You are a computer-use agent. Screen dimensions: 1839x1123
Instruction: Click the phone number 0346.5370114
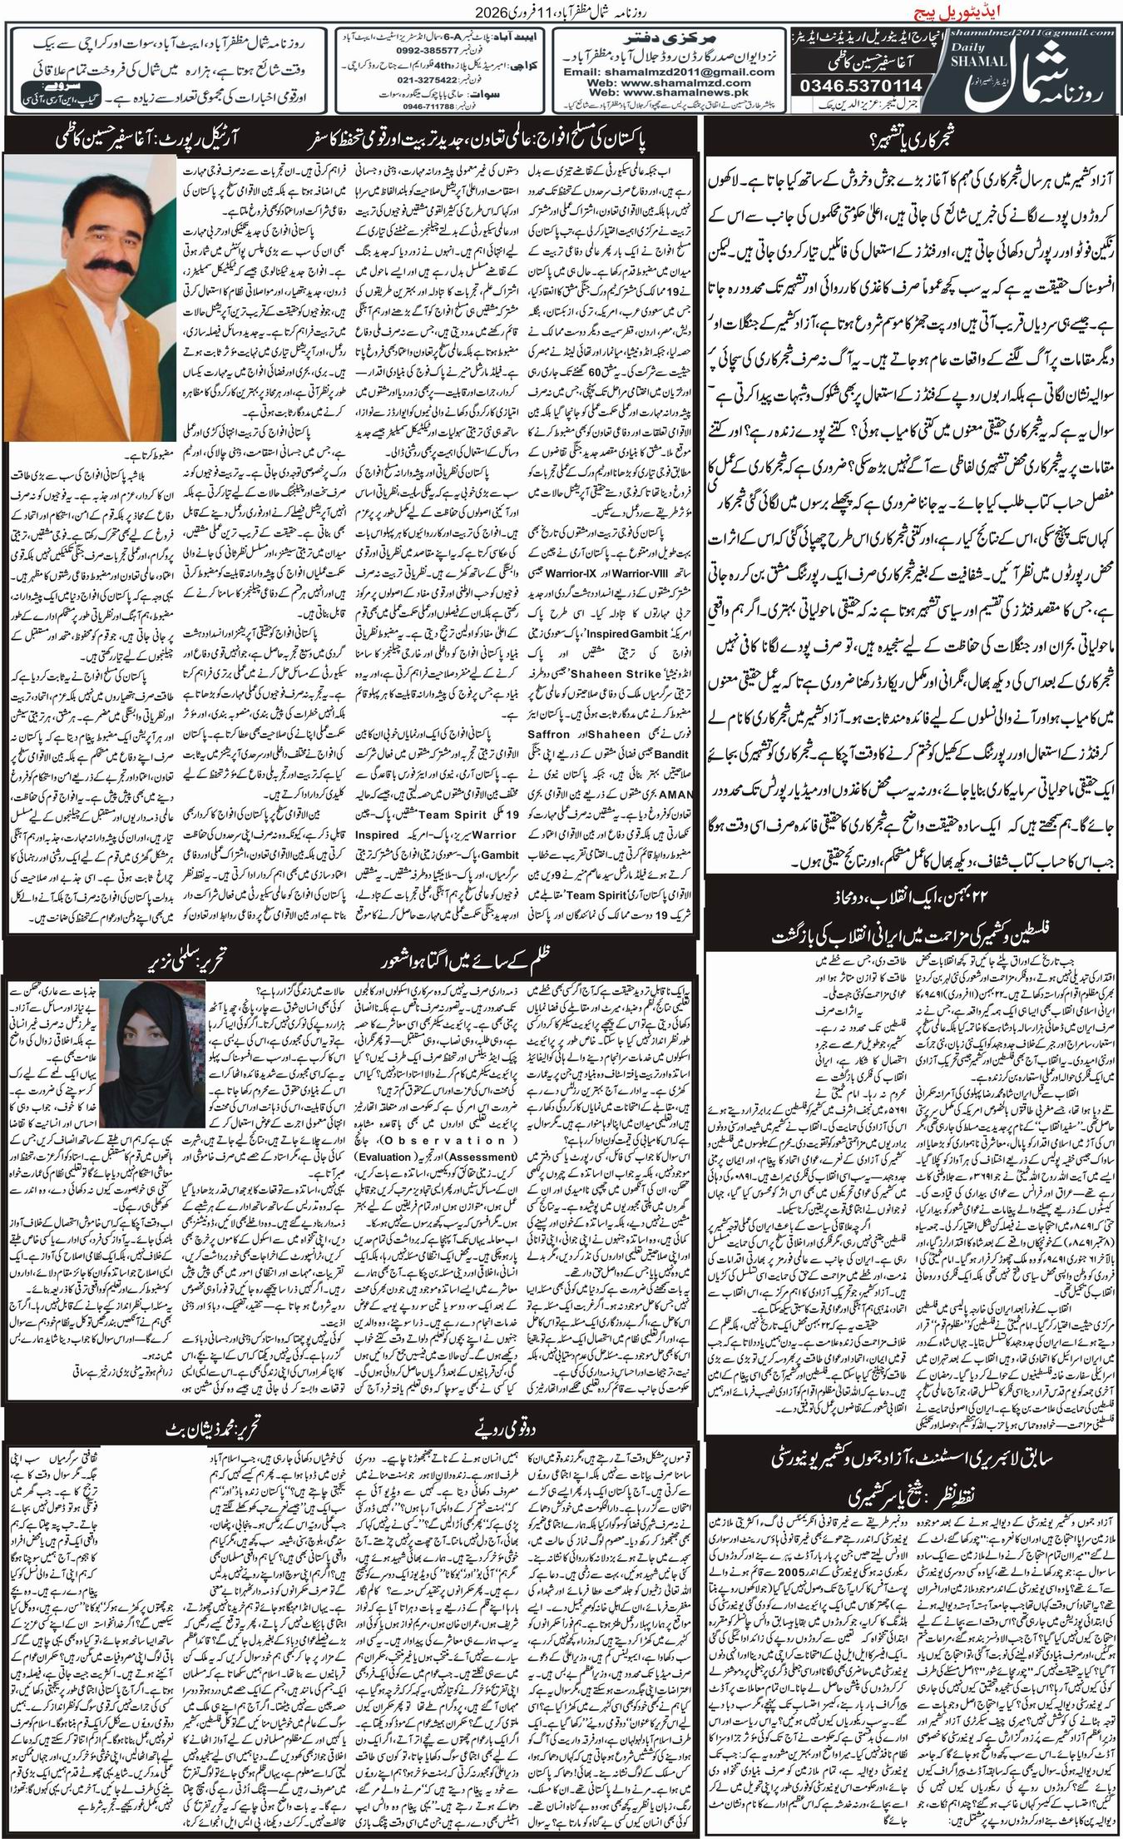click(853, 85)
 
